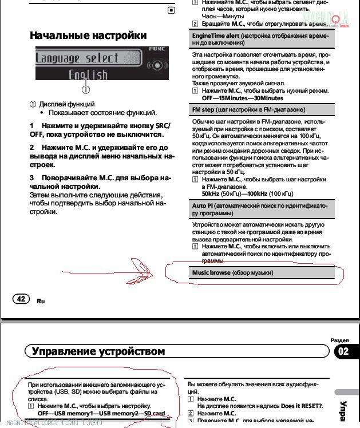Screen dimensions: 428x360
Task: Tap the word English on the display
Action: (x=88, y=74)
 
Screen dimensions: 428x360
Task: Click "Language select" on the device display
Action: (x=77, y=58)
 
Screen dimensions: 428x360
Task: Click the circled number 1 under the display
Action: (x=85, y=89)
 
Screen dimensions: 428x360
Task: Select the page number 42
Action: (x=21, y=299)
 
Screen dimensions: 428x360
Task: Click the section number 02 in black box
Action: (x=343, y=351)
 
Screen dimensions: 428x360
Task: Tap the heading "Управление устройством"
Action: (x=98, y=351)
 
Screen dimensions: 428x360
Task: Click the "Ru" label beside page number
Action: (x=40, y=300)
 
